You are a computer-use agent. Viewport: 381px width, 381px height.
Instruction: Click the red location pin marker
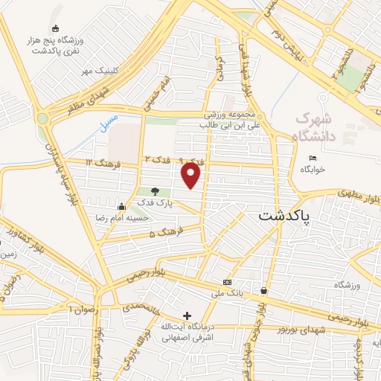pos(192,176)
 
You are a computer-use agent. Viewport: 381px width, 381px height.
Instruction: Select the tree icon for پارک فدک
pos(156,192)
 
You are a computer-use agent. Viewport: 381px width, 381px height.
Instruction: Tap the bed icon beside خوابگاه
pos(313,158)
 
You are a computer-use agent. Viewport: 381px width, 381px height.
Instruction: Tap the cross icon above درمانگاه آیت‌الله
pos(187,316)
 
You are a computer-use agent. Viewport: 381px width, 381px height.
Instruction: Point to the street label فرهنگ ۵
pos(163,234)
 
